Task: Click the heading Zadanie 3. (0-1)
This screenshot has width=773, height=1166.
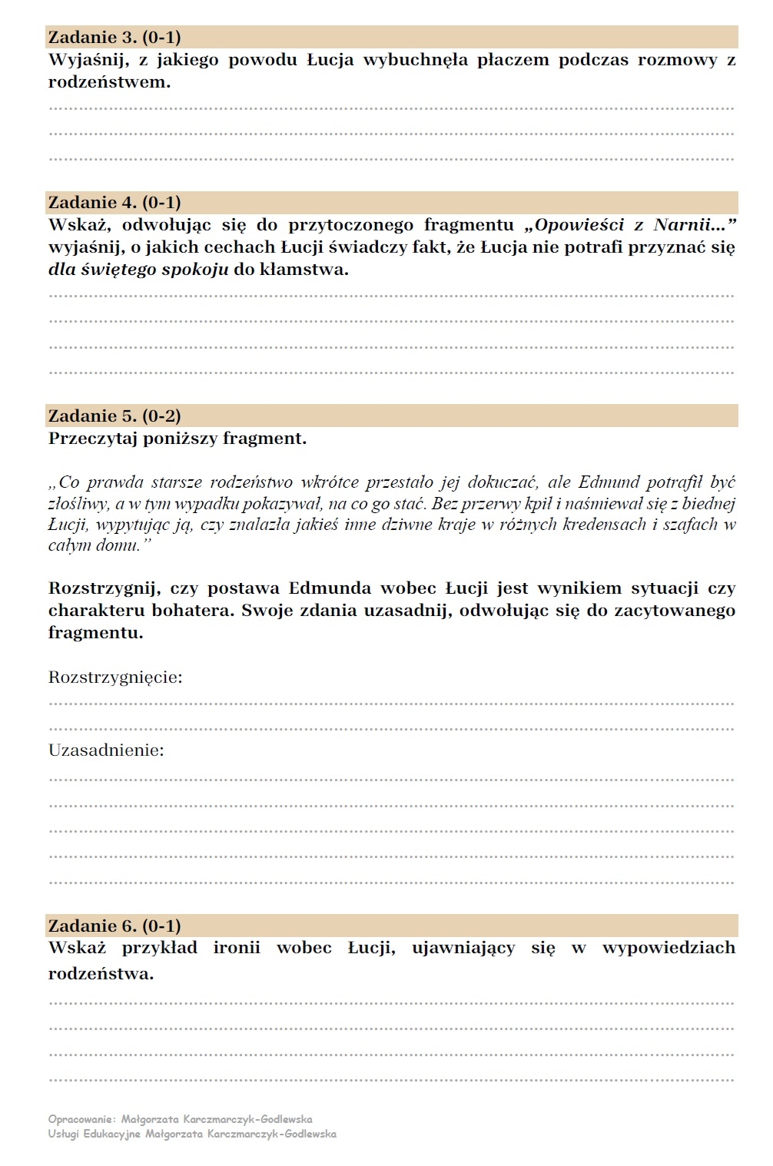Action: pos(114,37)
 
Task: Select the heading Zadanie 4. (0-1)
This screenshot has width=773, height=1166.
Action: pos(114,203)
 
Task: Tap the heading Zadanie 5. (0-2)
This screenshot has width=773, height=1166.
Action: pos(114,416)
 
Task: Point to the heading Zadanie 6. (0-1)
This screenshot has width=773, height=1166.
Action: pos(114,926)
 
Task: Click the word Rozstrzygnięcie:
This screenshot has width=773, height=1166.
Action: pos(115,677)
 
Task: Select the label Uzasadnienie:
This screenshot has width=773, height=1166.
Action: pos(106,750)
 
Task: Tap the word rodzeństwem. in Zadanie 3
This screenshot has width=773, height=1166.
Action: pos(109,82)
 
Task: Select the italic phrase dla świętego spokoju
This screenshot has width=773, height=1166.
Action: pos(138,270)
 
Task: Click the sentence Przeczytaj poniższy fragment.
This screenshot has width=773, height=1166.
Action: pos(177,439)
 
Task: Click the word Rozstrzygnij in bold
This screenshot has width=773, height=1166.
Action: pos(105,588)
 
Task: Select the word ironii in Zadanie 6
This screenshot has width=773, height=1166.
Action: pos(237,948)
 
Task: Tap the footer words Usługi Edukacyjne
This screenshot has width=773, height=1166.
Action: pos(94,1134)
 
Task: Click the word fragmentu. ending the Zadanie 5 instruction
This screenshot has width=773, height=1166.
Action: pos(95,633)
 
